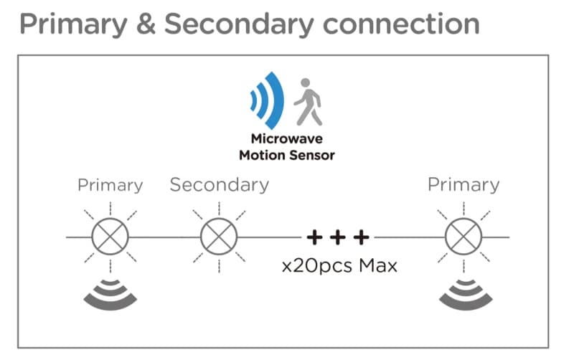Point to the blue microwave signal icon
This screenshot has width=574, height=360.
tap(267, 100)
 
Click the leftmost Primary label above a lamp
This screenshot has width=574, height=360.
tap(110, 185)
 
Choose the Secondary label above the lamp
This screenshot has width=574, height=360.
tap(219, 185)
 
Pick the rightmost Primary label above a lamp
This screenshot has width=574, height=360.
tap(463, 185)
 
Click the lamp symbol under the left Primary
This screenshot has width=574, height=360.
tap(110, 236)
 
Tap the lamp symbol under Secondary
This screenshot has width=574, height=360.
tap(219, 236)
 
